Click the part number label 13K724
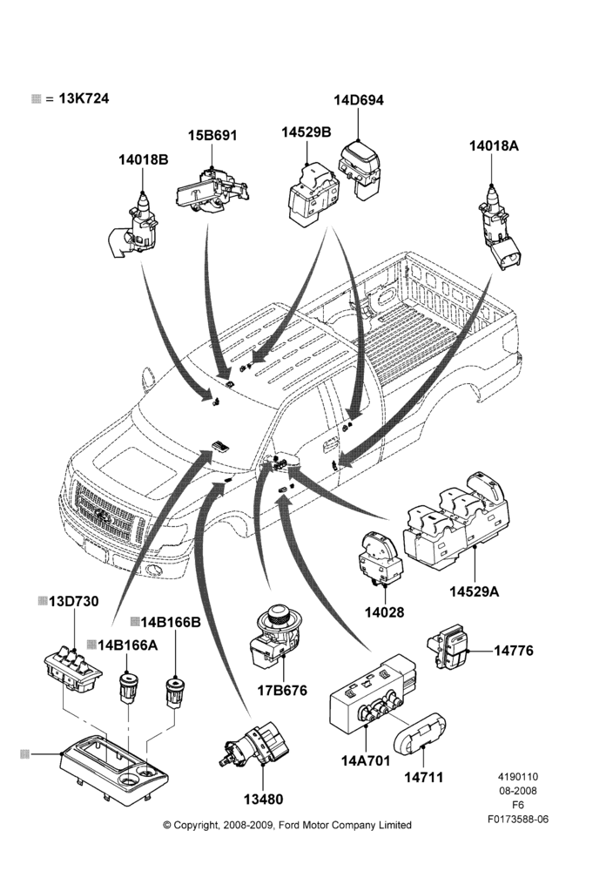tap(84, 98)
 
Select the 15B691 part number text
tap(212, 135)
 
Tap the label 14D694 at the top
tap(359, 100)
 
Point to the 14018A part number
tap(495, 145)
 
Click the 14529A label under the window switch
tap(475, 591)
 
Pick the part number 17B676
tap(282, 691)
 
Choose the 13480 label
tap(263, 800)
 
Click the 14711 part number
tap(424, 777)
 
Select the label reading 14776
tap(514, 651)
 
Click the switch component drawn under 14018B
tap(136, 226)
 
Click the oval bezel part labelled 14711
tap(420, 734)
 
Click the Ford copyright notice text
tap(287, 825)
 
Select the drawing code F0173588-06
tap(518, 819)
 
